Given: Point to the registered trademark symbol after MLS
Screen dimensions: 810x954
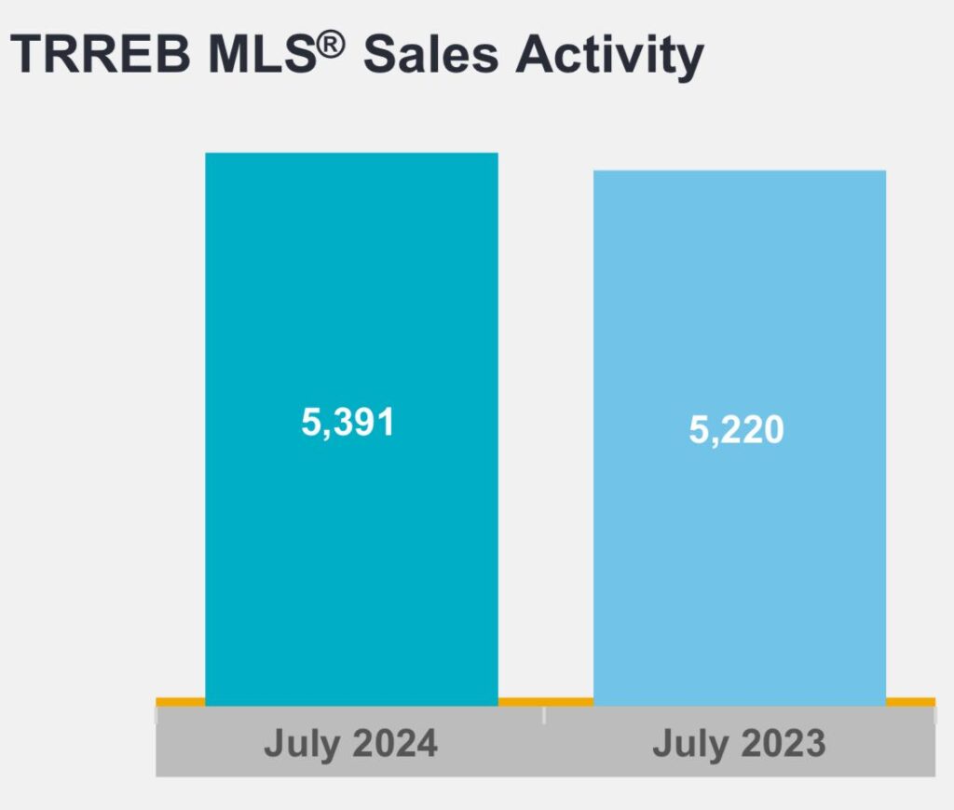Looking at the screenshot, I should pos(333,40).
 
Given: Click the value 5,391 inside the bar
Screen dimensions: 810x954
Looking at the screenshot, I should pos(348,423).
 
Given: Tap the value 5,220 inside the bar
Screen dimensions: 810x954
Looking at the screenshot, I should pos(737,430).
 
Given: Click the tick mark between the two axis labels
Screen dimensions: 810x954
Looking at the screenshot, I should pos(544,714).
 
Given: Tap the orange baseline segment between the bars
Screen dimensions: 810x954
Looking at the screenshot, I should pos(545,701).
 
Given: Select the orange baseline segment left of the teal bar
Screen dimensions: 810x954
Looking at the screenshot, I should pos(180,701).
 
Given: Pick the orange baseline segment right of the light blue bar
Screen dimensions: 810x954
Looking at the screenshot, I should pos(909,701).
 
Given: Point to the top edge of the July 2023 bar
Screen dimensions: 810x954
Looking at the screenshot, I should pos(739,171).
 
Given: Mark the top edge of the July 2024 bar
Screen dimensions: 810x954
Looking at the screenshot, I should pos(351,154).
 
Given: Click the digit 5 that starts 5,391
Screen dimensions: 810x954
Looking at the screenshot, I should pos(310,423).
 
